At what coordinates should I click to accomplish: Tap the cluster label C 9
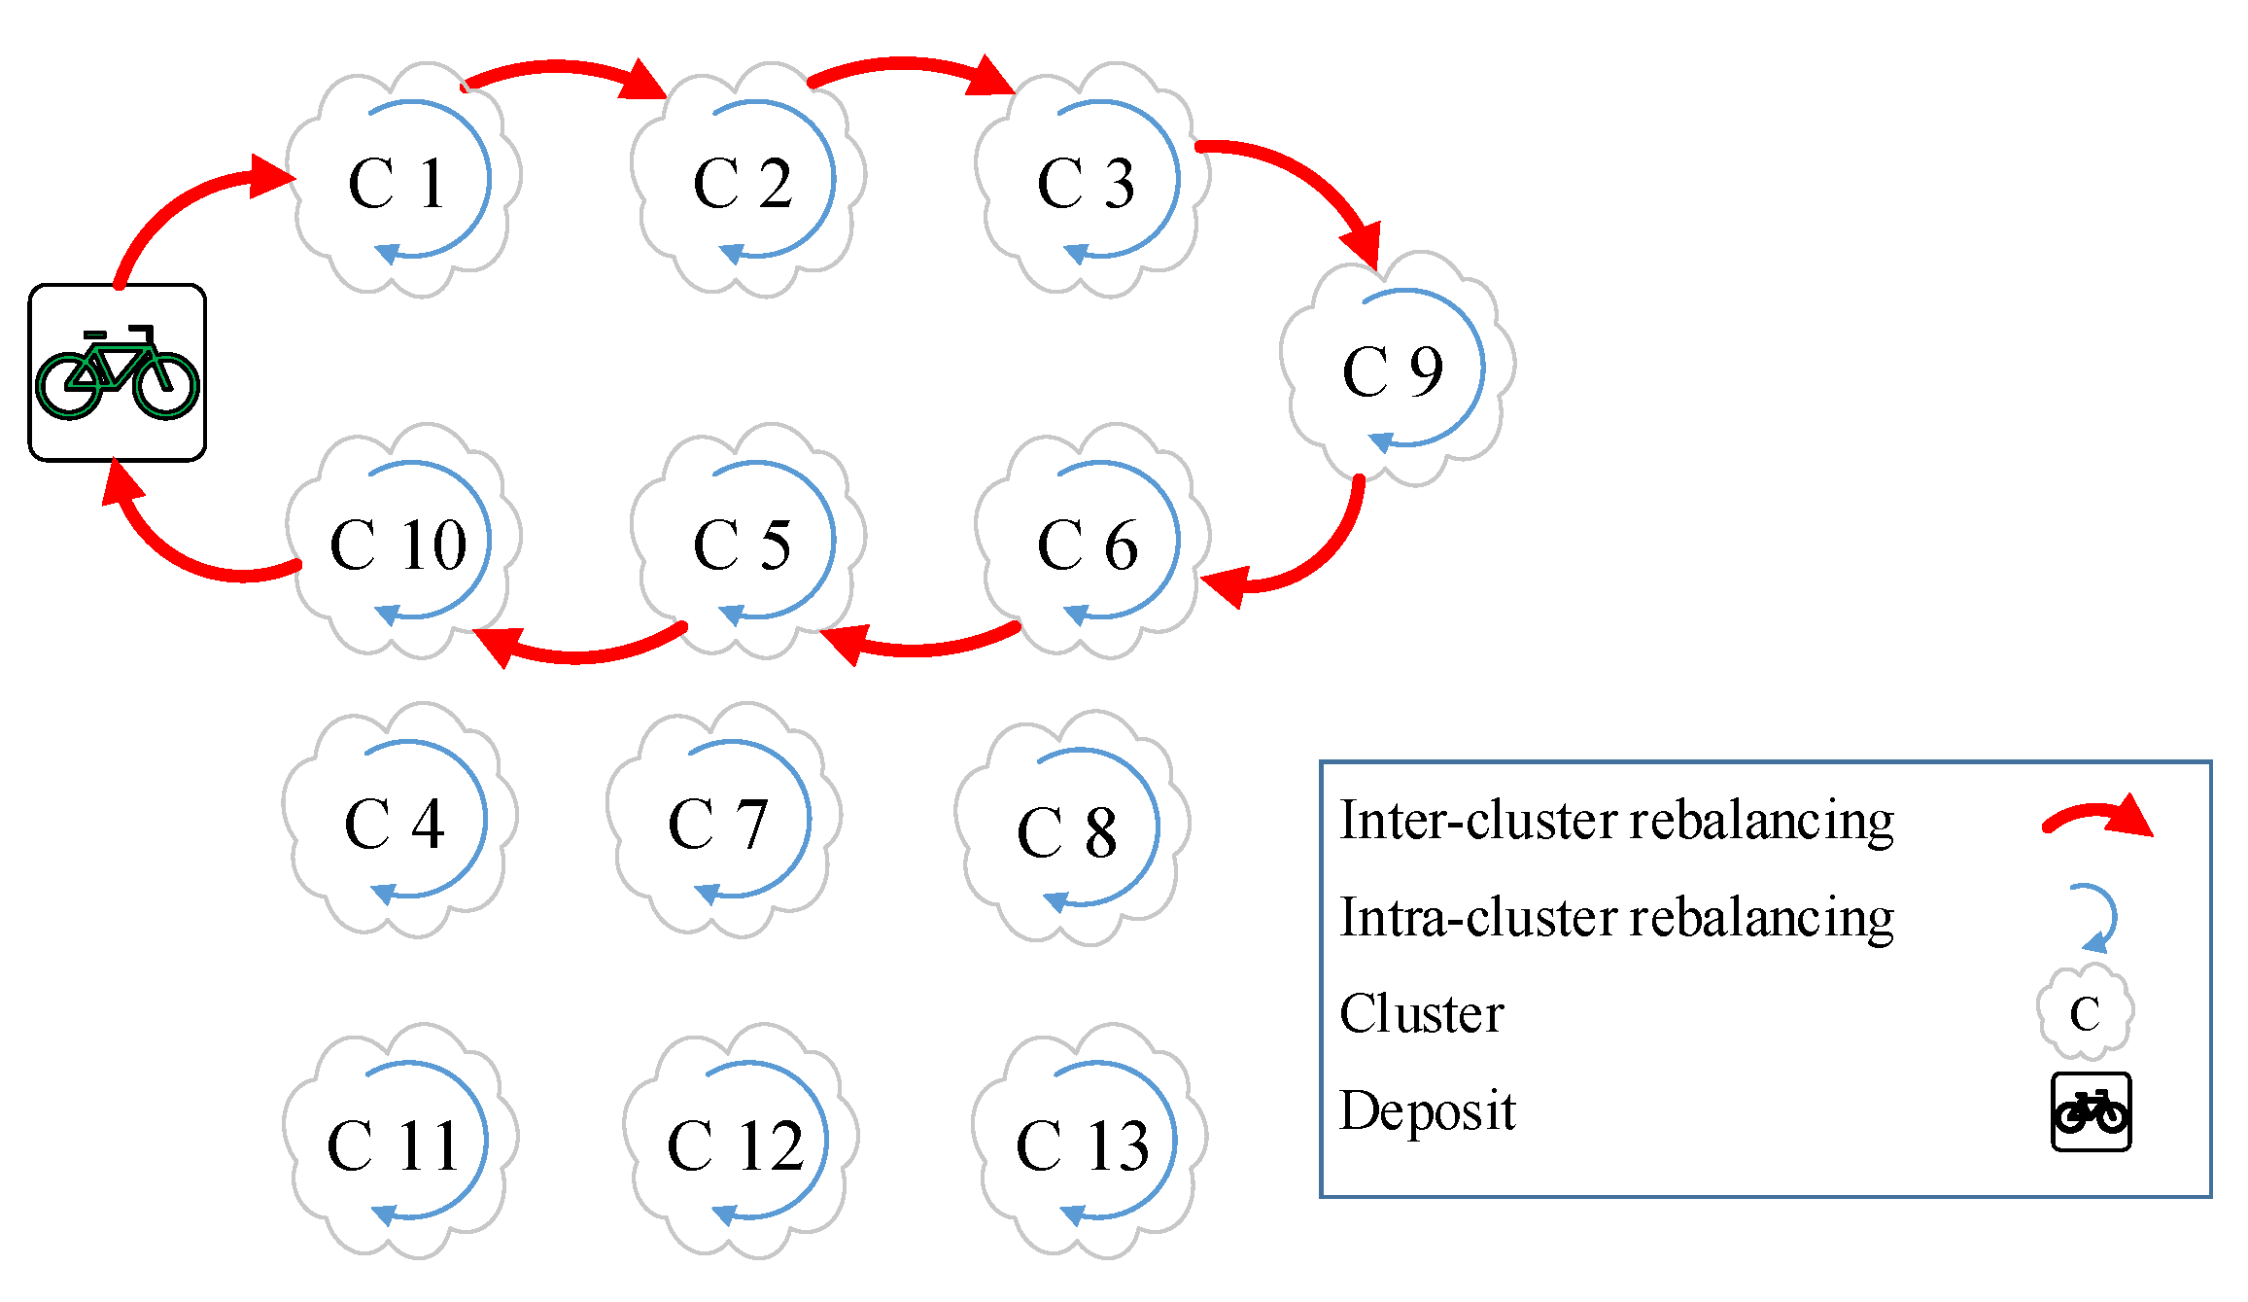[1393, 371]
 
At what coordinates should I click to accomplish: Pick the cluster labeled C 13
[1083, 1144]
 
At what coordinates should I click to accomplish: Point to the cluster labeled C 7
[719, 824]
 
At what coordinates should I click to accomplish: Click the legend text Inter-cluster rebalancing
[1616, 820]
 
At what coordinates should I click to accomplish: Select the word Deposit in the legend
[1427, 1110]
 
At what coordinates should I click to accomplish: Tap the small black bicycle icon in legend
[2091, 1111]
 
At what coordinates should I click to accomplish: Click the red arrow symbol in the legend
[2099, 817]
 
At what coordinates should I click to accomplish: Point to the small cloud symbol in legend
[2086, 1012]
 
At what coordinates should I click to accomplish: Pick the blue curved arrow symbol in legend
[2099, 917]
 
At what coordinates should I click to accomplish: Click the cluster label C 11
[394, 1144]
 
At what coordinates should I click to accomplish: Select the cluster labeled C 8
[1067, 832]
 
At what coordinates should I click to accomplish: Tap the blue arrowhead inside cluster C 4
[384, 894]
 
